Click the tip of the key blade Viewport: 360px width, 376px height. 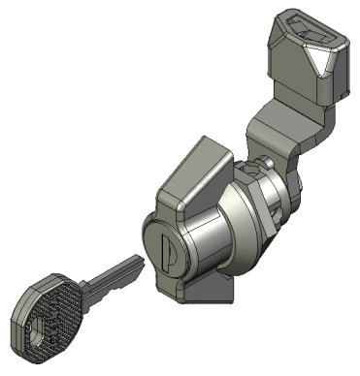coord(137,260)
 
